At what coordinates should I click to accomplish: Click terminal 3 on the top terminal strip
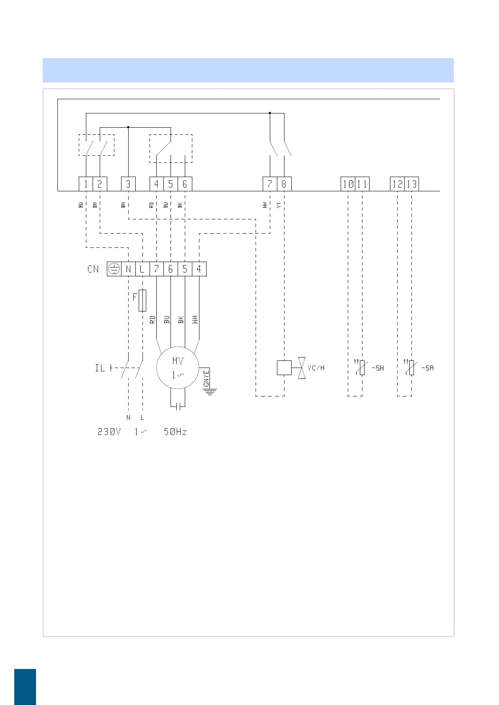point(128,184)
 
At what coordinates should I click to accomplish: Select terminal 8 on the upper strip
point(284,184)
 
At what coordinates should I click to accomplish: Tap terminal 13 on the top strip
point(411,184)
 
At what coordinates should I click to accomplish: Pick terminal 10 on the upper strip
point(348,184)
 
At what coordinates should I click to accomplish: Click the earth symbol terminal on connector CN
point(114,269)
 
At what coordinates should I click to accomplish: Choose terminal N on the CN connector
point(128,269)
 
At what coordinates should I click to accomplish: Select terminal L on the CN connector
point(142,269)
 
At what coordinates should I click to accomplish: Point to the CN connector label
point(93,269)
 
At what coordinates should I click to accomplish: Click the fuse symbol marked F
point(142,300)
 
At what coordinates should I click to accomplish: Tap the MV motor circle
point(178,368)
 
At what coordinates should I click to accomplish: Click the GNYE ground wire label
point(206,378)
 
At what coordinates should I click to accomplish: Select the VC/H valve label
point(316,368)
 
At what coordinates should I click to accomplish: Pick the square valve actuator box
point(284,368)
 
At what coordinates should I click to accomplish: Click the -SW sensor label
point(378,368)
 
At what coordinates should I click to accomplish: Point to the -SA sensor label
point(427,368)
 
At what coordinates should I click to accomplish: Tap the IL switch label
point(100,368)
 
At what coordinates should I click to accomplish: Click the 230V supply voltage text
point(109,432)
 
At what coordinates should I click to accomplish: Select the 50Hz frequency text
point(175,432)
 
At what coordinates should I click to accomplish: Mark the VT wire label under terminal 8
point(279,205)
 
